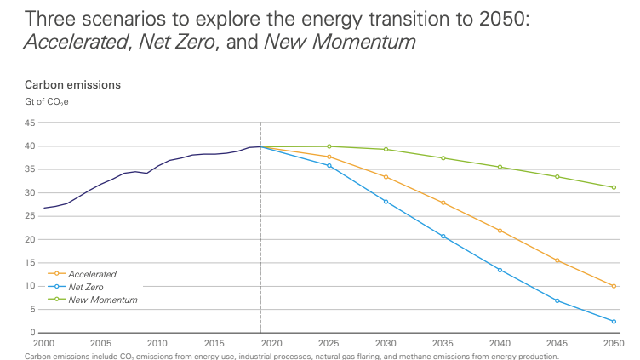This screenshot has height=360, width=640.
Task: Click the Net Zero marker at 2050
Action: pyautogui.click(x=614, y=322)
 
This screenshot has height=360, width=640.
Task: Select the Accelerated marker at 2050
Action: pyautogui.click(x=614, y=286)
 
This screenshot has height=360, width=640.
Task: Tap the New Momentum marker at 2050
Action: pyautogui.click(x=614, y=187)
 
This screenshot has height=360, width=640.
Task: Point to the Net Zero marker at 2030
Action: pyautogui.click(x=386, y=202)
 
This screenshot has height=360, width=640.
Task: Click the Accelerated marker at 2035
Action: pyautogui.click(x=443, y=203)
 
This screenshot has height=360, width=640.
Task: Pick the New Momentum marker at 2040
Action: pyautogui.click(x=500, y=167)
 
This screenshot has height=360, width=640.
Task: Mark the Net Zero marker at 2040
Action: pyautogui.click(x=500, y=270)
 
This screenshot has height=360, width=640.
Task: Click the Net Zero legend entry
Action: pyautogui.click(x=85, y=287)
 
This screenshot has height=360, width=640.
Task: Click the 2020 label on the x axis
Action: pyautogui.click(x=271, y=342)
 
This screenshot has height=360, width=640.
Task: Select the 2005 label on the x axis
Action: pyautogui.click(x=100, y=342)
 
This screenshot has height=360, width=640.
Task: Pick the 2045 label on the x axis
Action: pyautogui.click(x=557, y=342)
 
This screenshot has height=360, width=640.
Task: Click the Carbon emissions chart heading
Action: pyautogui.click(x=72, y=85)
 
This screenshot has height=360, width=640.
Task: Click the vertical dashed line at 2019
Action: pyautogui.click(x=260, y=238)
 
